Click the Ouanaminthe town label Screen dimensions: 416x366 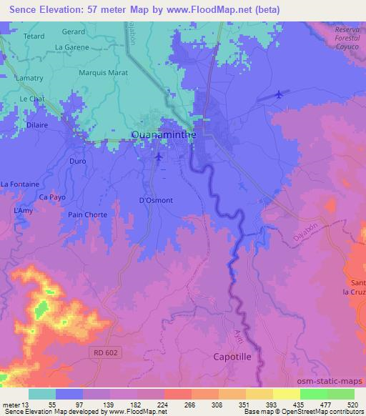tap(163, 134)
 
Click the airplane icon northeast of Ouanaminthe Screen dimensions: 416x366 tap(278, 94)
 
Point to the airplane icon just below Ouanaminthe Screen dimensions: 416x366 tap(159, 155)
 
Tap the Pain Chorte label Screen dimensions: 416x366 tap(87, 214)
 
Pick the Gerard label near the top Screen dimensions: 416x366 tap(73, 32)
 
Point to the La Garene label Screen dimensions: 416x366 tap(72, 47)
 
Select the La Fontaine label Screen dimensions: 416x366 tap(19, 184)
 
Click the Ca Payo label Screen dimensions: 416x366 tap(53, 197)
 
